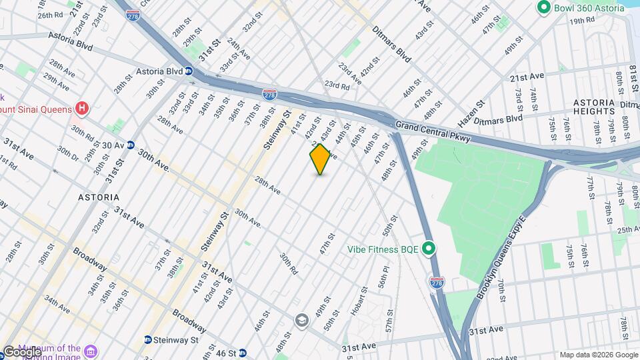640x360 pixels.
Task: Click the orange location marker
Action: coord(320,159)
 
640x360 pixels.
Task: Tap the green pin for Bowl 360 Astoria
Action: coord(543,8)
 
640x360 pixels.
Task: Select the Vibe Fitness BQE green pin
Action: coord(429,249)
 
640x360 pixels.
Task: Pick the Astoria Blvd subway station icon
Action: coord(189,71)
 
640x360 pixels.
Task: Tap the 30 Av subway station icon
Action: coord(131,145)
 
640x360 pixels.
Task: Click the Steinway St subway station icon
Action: coord(147,340)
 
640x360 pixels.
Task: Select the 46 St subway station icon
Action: coord(243,353)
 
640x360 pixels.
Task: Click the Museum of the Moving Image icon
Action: coord(92,349)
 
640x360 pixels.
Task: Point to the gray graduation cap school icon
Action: coord(301,321)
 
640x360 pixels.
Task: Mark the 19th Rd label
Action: coord(582,21)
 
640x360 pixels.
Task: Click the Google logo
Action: coord(21,351)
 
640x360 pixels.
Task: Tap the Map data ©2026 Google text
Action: coord(598,355)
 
